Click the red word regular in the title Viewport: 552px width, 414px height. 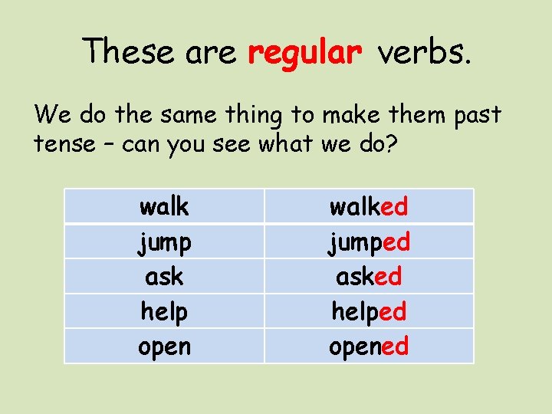[304, 52]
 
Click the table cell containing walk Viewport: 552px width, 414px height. [164, 206]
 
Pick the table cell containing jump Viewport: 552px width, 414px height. [164, 242]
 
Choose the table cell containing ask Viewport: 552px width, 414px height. [164, 276]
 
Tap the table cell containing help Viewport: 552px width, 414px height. [164, 311]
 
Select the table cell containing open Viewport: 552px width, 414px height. [164, 346]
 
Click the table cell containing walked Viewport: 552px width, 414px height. [369, 206]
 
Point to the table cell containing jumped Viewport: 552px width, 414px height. [369, 242]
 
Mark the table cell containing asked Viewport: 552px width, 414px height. [369, 276]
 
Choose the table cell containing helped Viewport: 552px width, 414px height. [369, 311]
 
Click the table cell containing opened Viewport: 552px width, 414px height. [369, 346]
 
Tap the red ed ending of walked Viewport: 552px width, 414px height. [394, 206]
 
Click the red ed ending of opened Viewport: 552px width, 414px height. [395, 346]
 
